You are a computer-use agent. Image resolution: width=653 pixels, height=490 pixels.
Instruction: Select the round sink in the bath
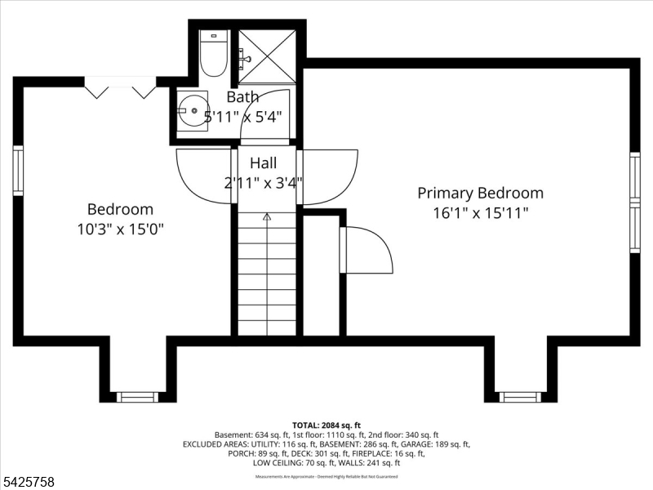[x=193, y=111]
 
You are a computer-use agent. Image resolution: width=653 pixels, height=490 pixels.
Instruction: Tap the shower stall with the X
[x=267, y=56]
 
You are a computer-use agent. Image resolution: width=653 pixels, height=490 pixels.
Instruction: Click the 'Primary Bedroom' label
[x=480, y=194]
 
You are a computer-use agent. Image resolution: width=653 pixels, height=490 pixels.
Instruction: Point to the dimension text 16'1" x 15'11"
[x=480, y=213]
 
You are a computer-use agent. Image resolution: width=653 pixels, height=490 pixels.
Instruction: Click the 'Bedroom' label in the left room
[x=120, y=210]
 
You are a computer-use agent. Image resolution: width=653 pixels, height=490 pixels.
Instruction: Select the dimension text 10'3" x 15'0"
[x=120, y=229]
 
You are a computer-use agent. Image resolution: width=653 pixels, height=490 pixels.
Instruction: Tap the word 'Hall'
[x=264, y=163]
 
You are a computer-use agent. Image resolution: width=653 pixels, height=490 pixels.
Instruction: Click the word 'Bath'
[x=242, y=97]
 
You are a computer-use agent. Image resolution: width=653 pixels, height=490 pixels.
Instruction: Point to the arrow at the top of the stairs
[x=266, y=218]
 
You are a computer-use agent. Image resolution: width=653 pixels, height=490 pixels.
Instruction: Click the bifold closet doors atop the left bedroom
[x=121, y=87]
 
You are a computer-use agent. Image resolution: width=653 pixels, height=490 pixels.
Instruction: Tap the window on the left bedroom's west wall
[x=17, y=171]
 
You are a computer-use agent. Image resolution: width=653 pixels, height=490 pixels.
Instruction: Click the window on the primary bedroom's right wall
[x=634, y=203]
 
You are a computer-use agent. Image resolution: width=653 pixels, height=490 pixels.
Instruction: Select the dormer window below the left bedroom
[x=137, y=397]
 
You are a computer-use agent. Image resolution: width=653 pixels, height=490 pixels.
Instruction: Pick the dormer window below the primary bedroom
[x=520, y=397]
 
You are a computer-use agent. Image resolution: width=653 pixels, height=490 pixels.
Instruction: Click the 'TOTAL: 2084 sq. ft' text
[x=326, y=425]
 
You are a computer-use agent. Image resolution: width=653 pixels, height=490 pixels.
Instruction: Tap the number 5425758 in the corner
[x=29, y=482]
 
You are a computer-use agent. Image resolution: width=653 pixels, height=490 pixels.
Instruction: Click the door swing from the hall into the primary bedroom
[x=329, y=176]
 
